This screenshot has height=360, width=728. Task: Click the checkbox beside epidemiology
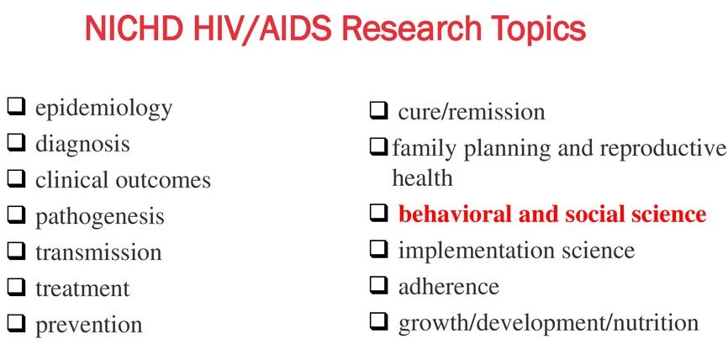(x=15, y=108)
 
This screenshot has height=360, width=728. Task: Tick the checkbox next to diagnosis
(x=15, y=144)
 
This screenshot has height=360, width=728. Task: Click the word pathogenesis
(x=99, y=216)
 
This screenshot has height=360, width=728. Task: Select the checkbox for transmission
(x=15, y=251)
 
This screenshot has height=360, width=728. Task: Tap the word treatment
(x=82, y=289)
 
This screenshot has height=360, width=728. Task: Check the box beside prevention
(x=15, y=323)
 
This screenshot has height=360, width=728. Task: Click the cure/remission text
(x=471, y=111)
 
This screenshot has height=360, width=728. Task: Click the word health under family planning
(x=422, y=177)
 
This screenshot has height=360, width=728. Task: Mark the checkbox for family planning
(x=378, y=148)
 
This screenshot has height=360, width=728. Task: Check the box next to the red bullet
(x=378, y=214)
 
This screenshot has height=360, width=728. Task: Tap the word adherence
(x=448, y=286)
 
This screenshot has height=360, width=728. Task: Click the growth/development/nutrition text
(x=547, y=322)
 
